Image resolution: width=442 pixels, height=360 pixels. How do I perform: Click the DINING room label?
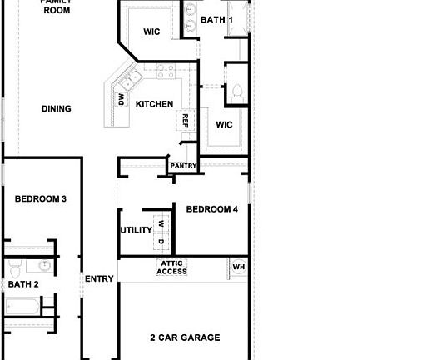[x=57, y=108]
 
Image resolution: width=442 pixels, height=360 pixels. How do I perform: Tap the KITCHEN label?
[x=154, y=104]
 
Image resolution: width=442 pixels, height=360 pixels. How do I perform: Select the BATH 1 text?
[x=217, y=19]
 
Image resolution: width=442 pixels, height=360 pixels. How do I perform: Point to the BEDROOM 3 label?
[x=41, y=198]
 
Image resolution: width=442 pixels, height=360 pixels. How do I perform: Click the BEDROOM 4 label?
[x=211, y=209]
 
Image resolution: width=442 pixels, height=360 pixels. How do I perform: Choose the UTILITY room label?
[x=136, y=230]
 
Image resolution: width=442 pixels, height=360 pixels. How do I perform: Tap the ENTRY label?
[x=99, y=279]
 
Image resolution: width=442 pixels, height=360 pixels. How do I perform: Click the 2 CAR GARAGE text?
[x=185, y=337]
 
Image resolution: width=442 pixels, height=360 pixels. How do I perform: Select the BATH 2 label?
[x=23, y=284]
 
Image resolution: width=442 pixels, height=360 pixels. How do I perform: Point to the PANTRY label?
[x=183, y=166]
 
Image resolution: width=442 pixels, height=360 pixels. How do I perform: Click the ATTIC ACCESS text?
[x=172, y=267]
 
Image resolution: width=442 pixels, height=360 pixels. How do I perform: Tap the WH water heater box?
[x=238, y=267]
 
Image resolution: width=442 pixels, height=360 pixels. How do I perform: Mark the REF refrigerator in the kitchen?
[x=186, y=122]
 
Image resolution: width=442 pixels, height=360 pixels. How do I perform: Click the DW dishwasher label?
[x=121, y=101]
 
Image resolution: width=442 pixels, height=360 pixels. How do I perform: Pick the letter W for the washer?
[x=161, y=224]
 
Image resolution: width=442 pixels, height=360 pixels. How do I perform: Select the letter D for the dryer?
[x=161, y=241]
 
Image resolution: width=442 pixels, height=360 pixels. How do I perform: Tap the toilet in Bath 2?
[x=14, y=268]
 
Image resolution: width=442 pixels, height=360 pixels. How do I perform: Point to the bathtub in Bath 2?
[x=22, y=306]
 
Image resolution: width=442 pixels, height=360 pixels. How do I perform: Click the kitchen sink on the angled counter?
[x=130, y=82]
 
